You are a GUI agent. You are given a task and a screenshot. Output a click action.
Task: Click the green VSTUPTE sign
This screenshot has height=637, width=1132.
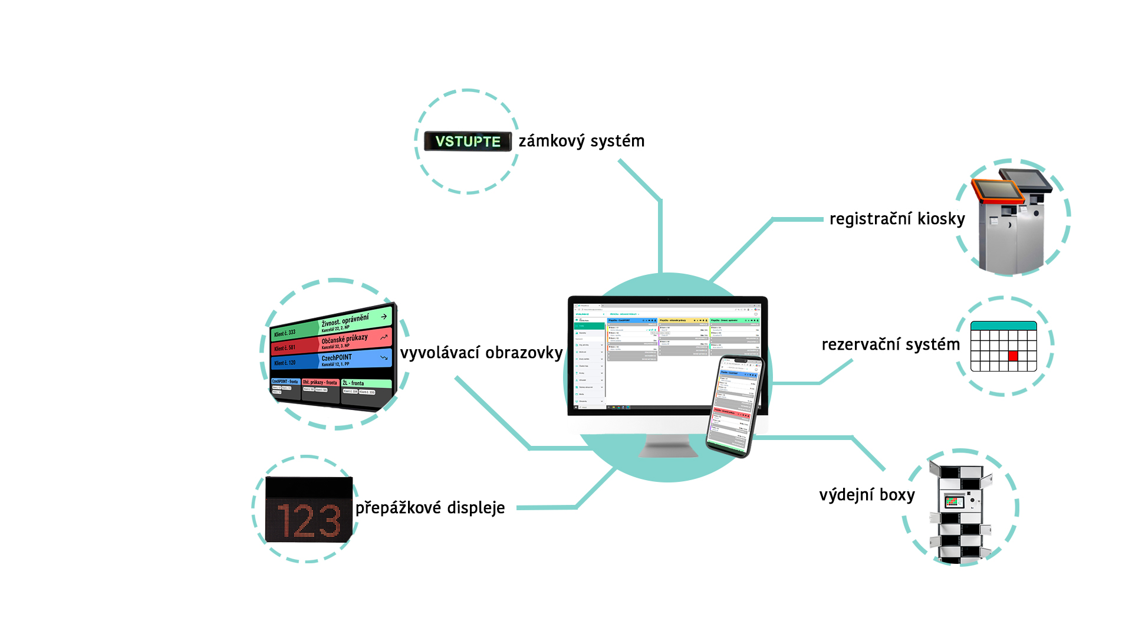(x=468, y=142)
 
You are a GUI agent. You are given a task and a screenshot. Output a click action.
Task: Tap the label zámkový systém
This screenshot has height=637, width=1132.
(x=581, y=141)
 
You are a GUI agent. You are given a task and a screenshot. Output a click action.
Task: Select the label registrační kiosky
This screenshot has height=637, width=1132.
(x=897, y=219)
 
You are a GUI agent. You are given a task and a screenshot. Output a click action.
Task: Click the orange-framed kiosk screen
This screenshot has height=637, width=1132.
(x=998, y=190)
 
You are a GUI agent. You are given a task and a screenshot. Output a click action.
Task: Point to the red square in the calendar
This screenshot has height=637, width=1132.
(x=1013, y=356)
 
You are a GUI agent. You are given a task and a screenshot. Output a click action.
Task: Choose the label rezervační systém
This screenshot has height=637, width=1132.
(x=890, y=344)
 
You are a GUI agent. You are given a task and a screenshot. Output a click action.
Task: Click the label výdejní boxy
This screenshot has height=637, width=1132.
(x=867, y=495)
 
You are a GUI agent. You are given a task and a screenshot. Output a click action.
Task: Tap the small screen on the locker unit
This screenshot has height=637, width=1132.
(x=954, y=502)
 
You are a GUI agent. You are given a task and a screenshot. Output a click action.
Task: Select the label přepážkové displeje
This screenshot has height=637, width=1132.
(x=430, y=508)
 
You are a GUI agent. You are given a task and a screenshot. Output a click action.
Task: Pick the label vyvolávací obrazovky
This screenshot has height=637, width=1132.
(x=481, y=353)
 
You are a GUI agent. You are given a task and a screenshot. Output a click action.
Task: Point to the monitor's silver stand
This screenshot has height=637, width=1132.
(x=668, y=445)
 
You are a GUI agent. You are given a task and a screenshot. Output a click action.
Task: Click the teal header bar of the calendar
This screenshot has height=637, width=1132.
(x=1003, y=326)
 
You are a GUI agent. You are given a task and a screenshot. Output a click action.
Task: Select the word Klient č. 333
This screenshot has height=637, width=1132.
(x=285, y=333)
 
